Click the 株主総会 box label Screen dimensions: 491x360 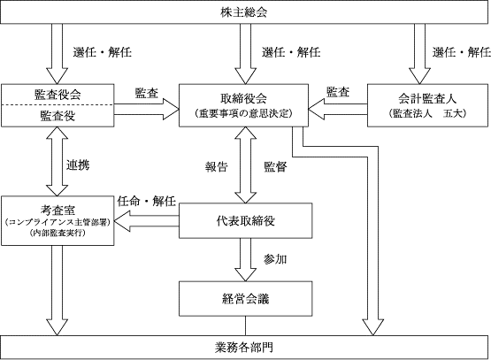243,12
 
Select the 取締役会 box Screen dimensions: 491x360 243,105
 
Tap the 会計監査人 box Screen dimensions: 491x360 427,105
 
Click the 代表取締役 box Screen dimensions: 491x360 246,221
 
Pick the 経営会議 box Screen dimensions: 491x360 246,299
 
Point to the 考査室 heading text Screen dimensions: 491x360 58,210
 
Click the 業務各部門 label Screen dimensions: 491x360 243,348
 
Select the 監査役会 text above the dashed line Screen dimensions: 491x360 58,95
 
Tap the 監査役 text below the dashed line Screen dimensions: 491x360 58,116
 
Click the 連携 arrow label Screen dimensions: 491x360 78,165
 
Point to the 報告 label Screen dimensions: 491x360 217,167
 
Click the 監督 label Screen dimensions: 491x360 275,167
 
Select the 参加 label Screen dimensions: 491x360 275,259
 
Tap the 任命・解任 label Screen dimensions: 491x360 147,201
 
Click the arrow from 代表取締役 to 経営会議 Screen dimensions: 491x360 246,260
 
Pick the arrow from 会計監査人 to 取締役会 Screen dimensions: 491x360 338,109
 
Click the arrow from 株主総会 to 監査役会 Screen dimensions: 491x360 57,54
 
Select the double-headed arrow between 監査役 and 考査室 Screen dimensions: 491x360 57,161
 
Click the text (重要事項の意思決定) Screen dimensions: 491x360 243,113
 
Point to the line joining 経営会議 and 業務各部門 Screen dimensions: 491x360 246,326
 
